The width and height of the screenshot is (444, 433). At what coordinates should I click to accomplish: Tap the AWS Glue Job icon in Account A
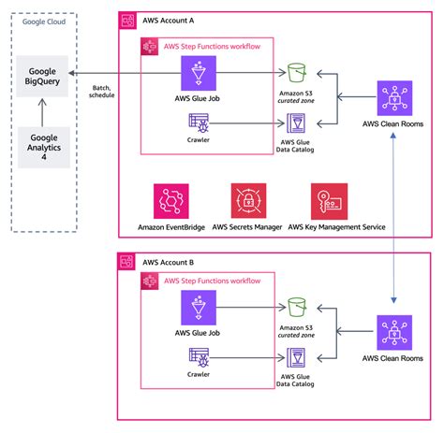(199, 73)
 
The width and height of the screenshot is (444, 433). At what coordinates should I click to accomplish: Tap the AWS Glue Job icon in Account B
(199, 308)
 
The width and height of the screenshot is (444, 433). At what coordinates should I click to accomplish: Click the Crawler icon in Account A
(198, 122)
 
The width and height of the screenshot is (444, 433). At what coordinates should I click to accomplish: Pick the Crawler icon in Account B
(198, 356)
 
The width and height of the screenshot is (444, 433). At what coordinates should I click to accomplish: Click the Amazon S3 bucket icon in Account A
(299, 72)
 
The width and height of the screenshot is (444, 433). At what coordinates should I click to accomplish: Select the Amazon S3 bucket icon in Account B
(299, 307)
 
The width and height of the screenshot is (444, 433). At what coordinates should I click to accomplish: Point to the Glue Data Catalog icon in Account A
(299, 123)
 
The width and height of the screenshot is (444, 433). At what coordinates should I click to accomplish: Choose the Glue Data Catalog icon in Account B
(299, 357)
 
